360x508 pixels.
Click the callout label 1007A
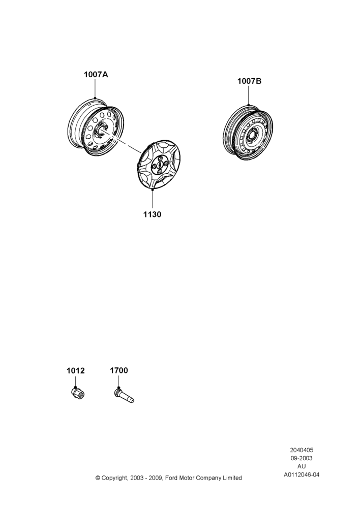96,75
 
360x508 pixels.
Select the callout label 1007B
249,81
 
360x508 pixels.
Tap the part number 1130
152,214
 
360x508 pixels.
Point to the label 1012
76,371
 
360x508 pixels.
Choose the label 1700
118,370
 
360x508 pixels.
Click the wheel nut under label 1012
78,393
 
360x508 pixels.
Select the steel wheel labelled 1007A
96,128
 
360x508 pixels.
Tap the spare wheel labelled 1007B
248,133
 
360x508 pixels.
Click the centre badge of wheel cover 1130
160,165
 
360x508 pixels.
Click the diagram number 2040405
302,450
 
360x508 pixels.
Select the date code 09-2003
302,458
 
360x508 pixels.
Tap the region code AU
302,466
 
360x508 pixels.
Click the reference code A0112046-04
302,474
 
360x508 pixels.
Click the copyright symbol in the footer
98,478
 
